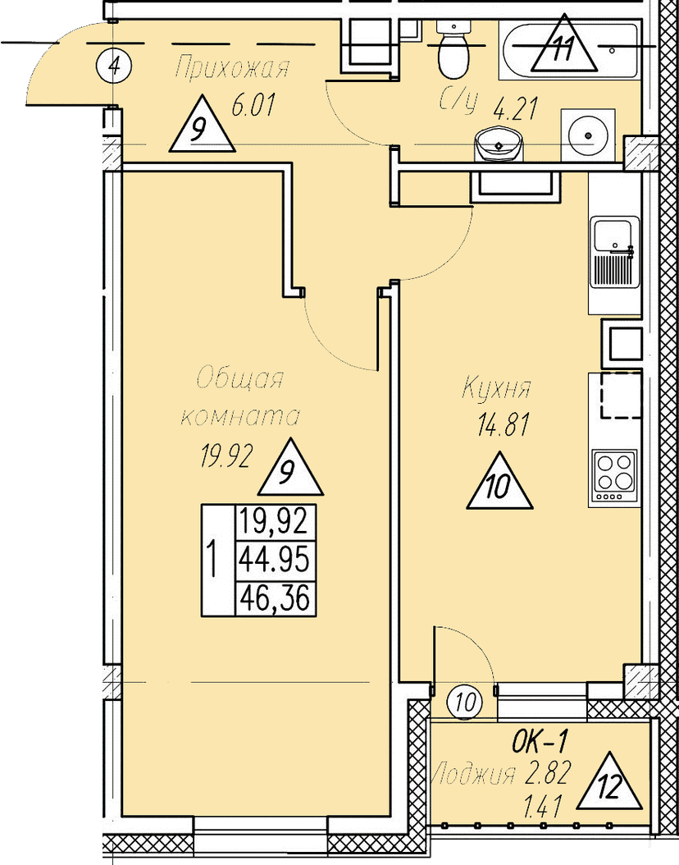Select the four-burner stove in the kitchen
614,477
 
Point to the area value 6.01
253,105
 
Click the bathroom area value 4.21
515,109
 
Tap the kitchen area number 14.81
504,425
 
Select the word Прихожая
231,68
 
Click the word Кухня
496,388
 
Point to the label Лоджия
474,775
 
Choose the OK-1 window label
539,743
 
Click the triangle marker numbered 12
609,782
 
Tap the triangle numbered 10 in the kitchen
499,481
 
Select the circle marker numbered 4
114,66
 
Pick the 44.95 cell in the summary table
275,561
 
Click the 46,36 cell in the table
275,598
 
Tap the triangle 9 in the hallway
202,125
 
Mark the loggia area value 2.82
548,773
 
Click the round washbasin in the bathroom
497,144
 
